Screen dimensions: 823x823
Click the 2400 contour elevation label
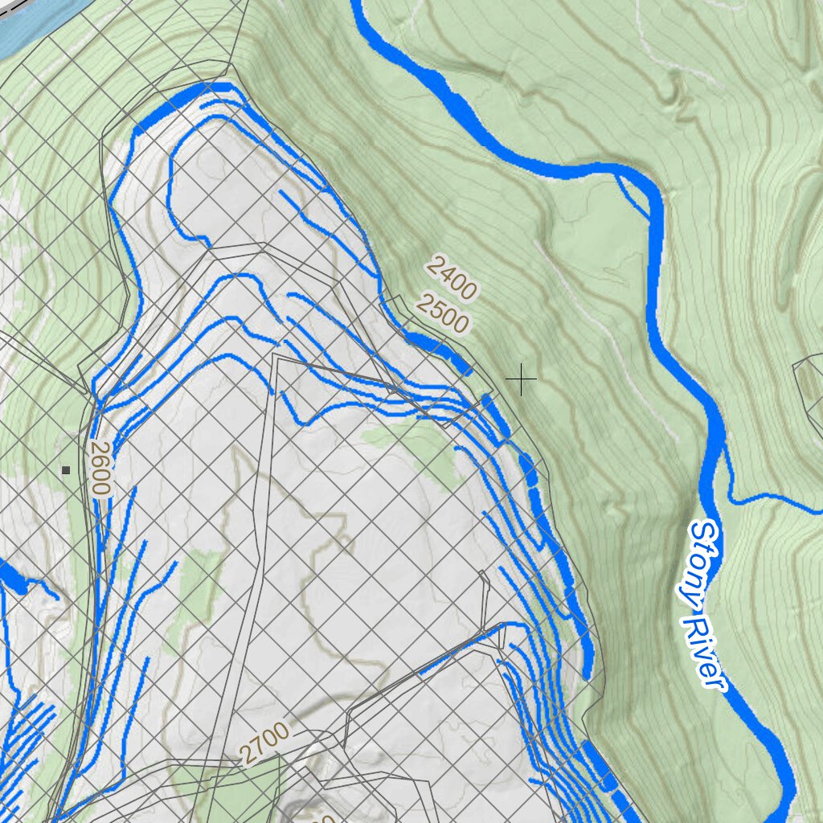pyautogui.click(x=452, y=276)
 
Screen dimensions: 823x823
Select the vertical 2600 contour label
pyautogui.click(x=99, y=468)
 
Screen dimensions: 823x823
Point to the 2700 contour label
pyautogui.click(x=263, y=743)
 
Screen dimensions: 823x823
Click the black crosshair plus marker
pyautogui.click(x=521, y=379)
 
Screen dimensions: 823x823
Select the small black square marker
pyautogui.click(x=66, y=470)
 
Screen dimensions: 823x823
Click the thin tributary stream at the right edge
pyautogui.click(x=796, y=505)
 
